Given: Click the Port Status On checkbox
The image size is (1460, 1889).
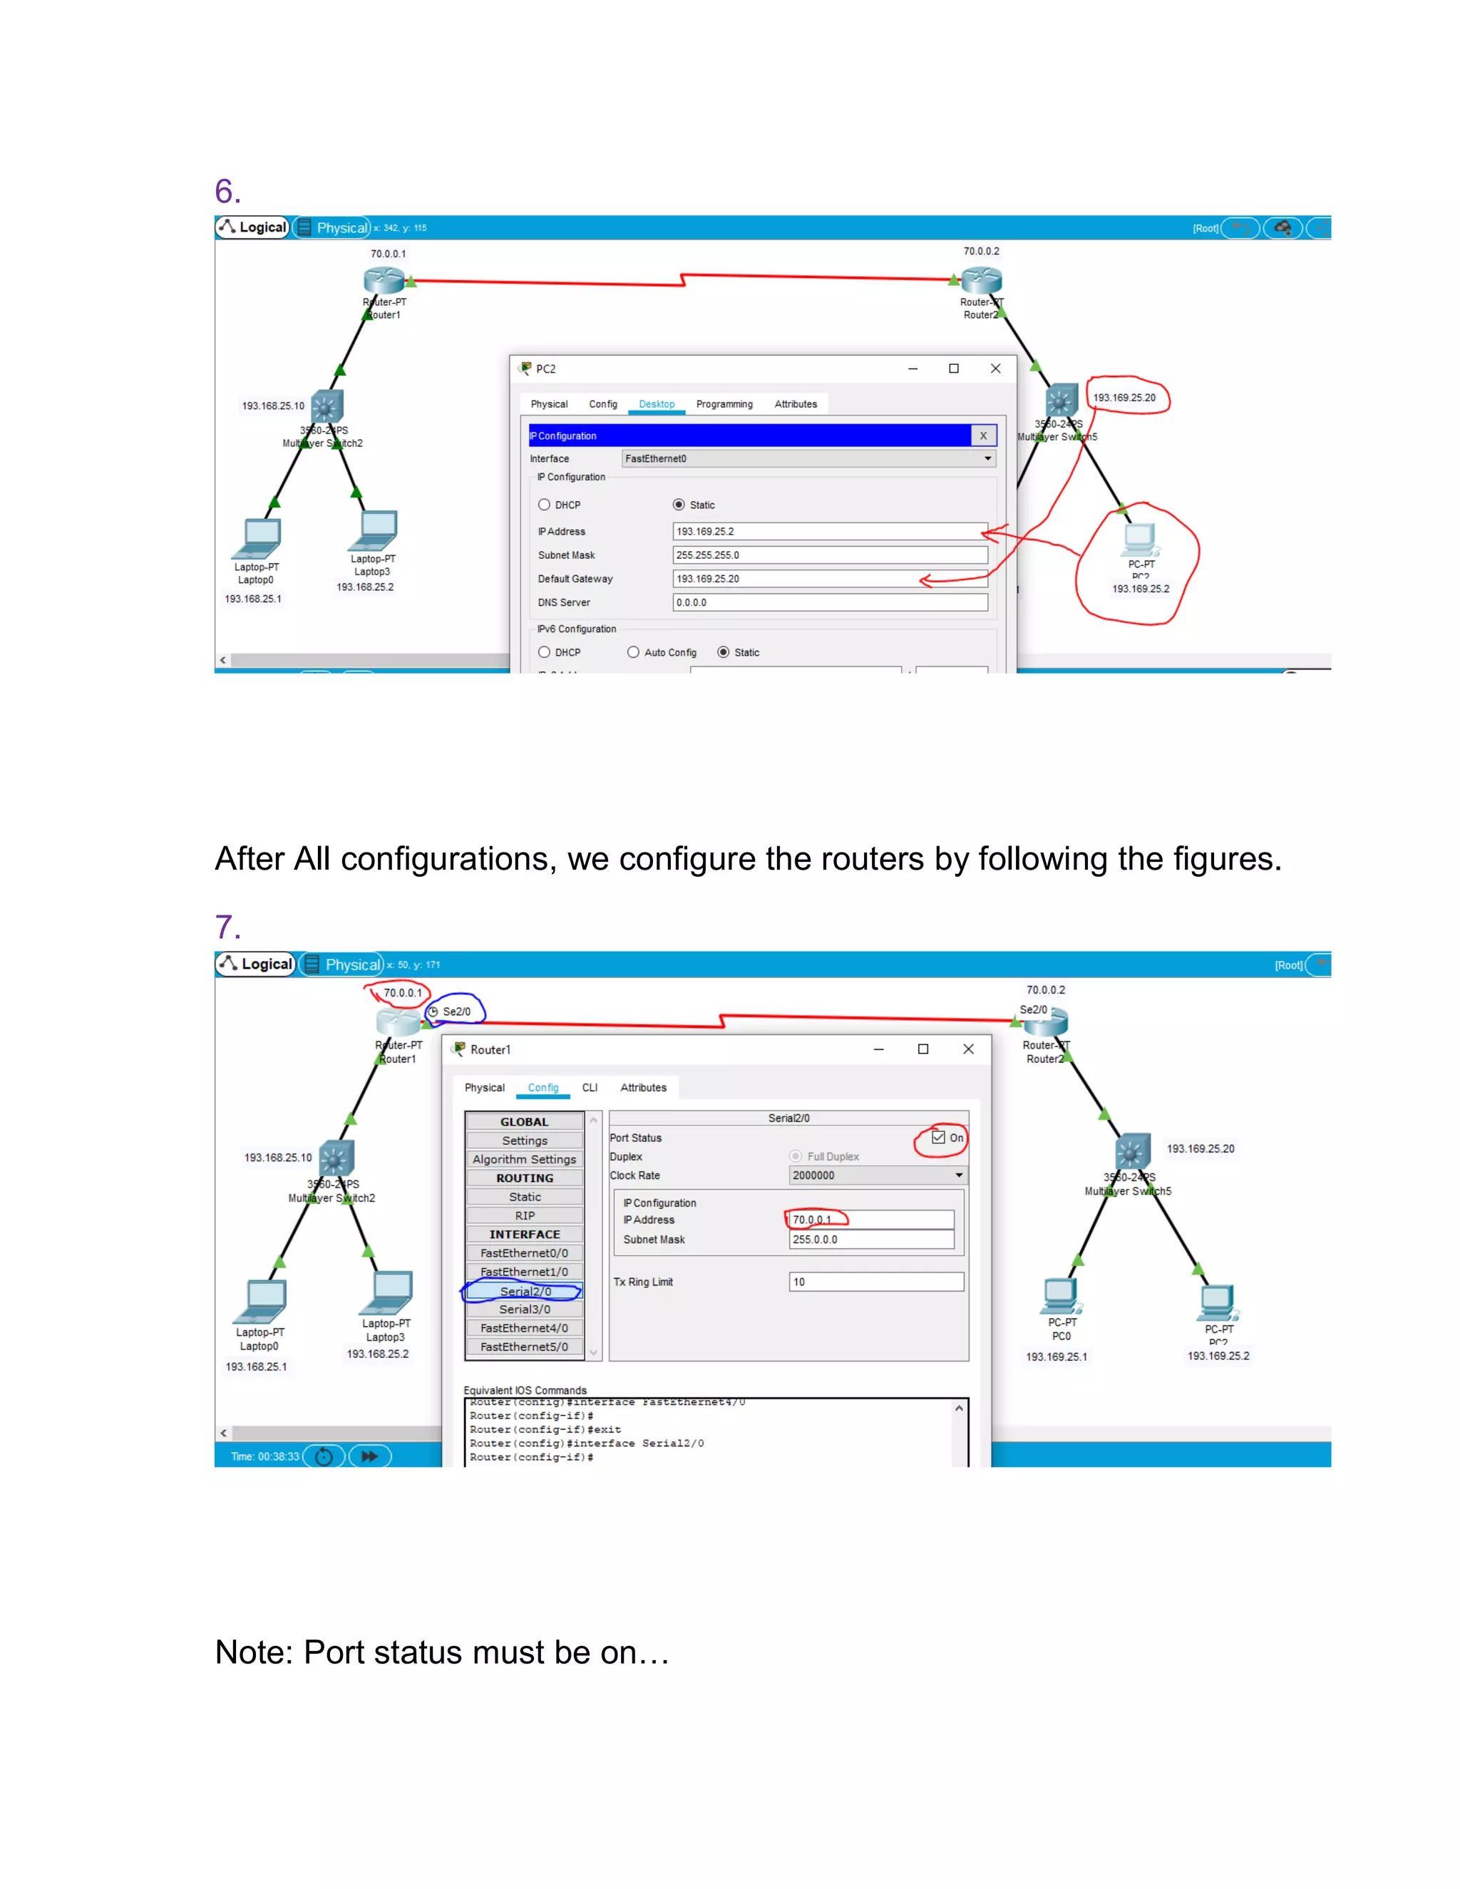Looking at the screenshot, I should pos(937,1138).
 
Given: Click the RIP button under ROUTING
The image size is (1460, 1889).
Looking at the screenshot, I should pos(524,1215).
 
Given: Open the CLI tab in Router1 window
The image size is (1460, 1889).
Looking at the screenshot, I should pos(590,1087).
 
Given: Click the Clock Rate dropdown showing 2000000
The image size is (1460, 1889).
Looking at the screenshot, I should pos(877,1175).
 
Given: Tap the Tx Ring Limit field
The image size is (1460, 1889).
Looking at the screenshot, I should pos(875,1282).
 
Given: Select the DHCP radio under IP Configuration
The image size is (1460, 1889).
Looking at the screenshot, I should pos(544,505).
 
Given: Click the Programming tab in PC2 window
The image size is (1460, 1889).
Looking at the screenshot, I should pos(724,404).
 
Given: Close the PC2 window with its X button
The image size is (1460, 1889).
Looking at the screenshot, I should pos(995,369).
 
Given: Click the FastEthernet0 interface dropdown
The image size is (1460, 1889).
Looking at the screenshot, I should pos(808,458).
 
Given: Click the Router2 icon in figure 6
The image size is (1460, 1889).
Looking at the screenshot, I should pos(981,279).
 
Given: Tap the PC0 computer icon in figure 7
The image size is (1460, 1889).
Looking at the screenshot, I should pos(1059,1294).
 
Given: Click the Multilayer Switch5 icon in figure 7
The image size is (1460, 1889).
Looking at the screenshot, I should pos(1132,1151).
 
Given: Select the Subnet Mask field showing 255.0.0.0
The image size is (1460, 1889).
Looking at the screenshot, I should pos(870,1240).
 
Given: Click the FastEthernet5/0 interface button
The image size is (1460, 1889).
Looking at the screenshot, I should pos(524,1347).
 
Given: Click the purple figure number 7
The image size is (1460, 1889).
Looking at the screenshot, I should pos(227,927).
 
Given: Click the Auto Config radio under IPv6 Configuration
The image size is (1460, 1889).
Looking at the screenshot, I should pos(633,652).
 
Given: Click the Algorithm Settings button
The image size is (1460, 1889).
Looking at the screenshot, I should pos(524,1159).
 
